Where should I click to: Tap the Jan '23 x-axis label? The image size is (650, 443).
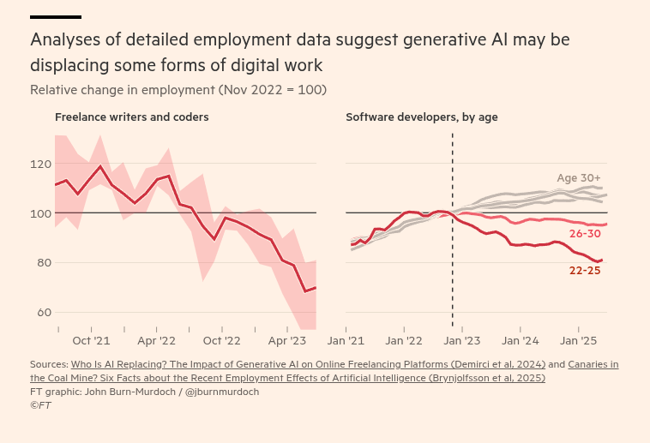pos(461,340)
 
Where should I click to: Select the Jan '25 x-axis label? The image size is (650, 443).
pos(578,340)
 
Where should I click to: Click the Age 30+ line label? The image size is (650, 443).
pos(579,177)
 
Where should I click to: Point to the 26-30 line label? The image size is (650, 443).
pos(585,234)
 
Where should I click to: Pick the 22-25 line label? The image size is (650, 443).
pos(585,271)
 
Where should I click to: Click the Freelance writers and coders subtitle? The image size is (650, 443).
pos(132,117)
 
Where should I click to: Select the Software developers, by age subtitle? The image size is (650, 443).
pos(422,117)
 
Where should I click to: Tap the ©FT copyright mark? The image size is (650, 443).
pos(40,405)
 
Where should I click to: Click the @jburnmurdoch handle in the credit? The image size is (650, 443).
pos(222,392)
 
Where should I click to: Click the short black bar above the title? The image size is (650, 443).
pos(56,16)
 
